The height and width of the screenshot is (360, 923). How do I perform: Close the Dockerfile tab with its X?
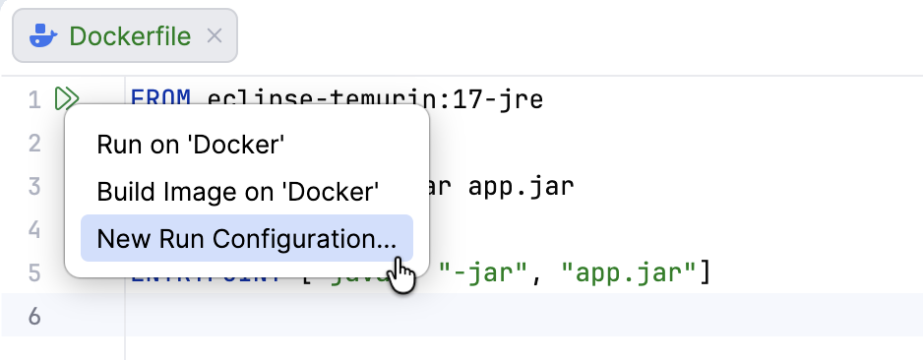click(215, 37)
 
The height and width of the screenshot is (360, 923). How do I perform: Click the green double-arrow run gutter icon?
click(67, 98)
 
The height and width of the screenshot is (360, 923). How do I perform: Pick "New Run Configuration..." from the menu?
click(246, 238)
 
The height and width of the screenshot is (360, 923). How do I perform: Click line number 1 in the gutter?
click(34, 99)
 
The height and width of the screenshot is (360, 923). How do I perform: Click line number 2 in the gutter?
click(34, 144)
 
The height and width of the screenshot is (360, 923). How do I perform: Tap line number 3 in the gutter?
click(34, 187)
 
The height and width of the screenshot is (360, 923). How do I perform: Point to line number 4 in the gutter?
click(34, 230)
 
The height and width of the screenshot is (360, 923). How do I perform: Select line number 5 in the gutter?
click(34, 273)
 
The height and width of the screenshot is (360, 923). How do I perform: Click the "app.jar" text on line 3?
click(523, 187)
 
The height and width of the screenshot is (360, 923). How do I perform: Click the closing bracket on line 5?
click(704, 273)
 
